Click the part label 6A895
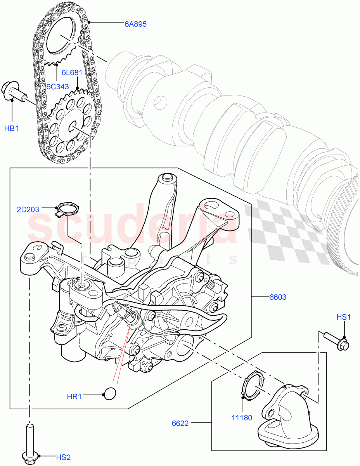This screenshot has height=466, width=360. (135, 24)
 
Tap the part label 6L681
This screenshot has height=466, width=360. (72, 73)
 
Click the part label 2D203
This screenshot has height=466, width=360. (28, 210)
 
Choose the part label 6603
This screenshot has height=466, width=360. (278, 297)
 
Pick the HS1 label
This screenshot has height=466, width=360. (343, 317)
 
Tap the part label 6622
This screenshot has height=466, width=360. (180, 423)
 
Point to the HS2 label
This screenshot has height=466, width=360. (63, 457)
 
